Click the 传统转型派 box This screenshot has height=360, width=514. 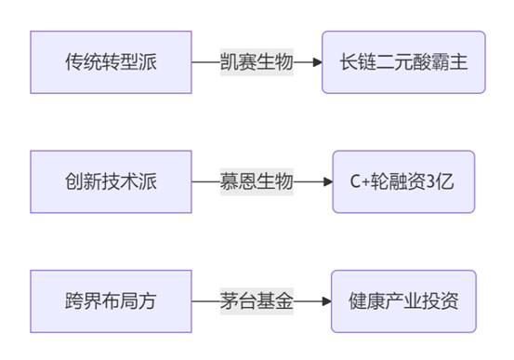click(x=111, y=61)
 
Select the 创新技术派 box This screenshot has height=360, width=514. click(x=111, y=181)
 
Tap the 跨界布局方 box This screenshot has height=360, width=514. click(x=111, y=301)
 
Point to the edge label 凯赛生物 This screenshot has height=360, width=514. click(x=257, y=61)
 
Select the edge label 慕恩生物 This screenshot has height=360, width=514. click(x=257, y=181)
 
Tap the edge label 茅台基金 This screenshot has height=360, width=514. click(x=257, y=301)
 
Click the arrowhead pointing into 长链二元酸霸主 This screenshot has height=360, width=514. click(x=317, y=61)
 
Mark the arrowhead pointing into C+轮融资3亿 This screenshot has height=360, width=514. click(x=327, y=181)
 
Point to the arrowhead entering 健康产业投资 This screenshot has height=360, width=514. click(x=326, y=301)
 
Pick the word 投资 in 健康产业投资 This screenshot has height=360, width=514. click(x=441, y=301)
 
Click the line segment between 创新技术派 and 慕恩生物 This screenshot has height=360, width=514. click(x=205, y=181)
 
